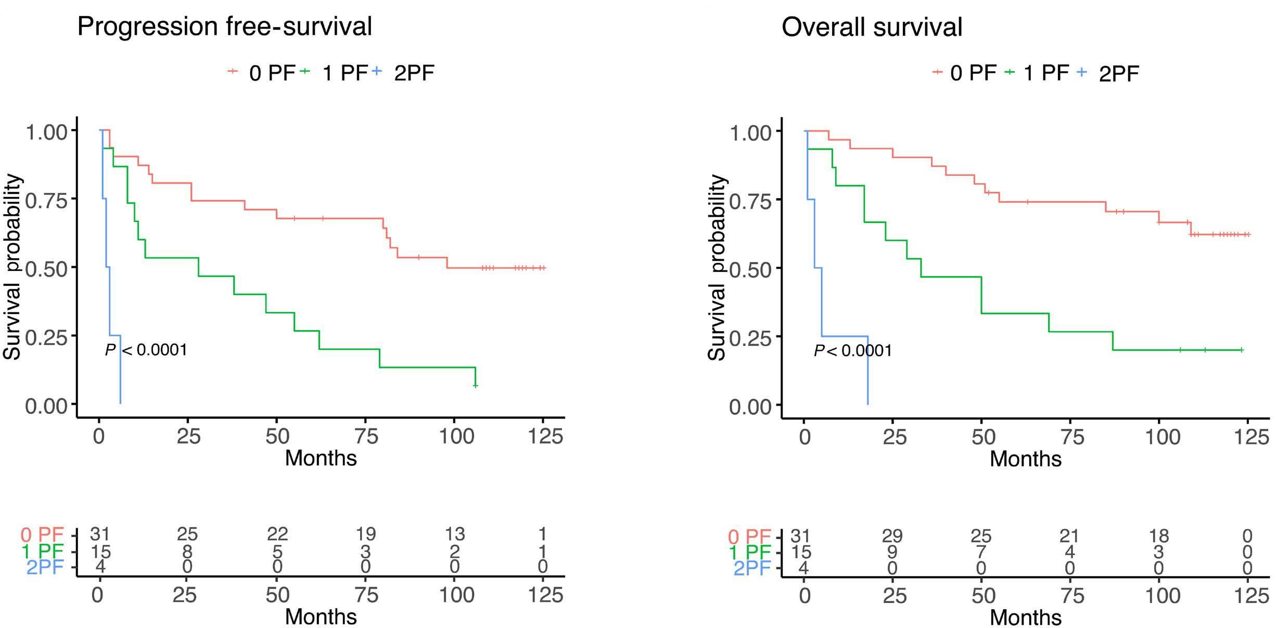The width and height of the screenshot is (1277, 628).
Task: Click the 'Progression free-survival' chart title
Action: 224,26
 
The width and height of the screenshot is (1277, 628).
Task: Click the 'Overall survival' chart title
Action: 872,27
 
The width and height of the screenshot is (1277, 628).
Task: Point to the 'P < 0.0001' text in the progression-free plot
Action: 146,349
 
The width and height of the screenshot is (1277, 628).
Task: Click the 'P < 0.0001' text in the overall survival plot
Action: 853,350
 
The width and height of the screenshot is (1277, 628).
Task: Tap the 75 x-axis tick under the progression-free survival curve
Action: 366,436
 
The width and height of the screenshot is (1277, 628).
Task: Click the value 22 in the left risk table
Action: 277,534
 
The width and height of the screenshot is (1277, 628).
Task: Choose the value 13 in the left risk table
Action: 454,534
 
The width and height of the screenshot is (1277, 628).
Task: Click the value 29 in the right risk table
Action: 892,535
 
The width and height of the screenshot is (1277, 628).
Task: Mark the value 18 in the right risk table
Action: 1158,535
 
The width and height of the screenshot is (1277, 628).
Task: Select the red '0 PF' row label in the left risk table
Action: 42,534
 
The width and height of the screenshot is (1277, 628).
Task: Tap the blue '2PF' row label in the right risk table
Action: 752,569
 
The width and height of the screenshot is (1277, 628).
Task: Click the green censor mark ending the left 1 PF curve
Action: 475,385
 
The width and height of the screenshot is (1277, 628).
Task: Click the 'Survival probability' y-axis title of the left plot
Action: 12,267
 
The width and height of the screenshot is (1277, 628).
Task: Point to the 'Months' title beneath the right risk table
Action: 1026,617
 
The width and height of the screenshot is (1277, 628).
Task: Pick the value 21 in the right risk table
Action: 1069,535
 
